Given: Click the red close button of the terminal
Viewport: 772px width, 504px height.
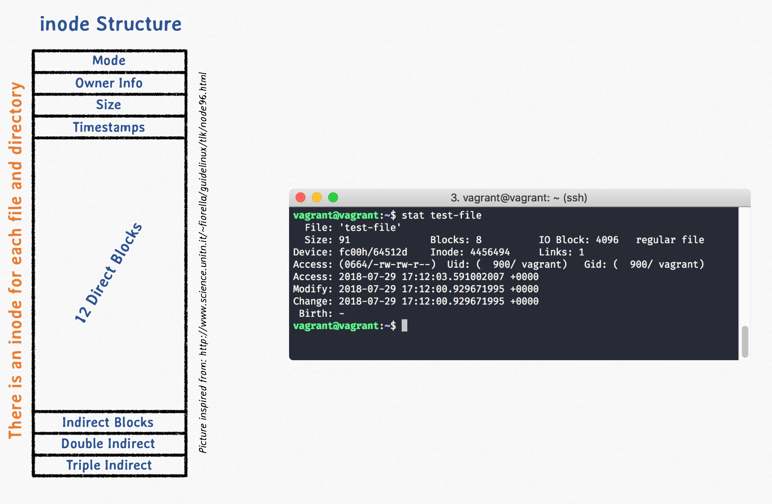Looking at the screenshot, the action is click(300, 198).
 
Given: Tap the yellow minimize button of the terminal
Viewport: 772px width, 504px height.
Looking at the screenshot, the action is click(317, 198).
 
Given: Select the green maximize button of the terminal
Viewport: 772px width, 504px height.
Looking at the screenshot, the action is click(333, 198).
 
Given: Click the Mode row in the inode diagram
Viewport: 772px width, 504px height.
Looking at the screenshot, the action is click(109, 61).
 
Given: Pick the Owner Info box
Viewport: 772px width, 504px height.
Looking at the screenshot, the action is click(109, 83).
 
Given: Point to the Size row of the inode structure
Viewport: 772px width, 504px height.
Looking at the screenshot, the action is click(109, 105).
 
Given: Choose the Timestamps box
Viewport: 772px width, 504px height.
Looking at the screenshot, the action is click(109, 127).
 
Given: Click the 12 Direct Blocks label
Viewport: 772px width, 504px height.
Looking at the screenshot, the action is click(108, 273).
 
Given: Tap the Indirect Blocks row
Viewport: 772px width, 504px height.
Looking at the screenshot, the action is click(109, 423).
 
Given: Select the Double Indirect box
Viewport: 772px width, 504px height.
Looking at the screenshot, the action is click(109, 444).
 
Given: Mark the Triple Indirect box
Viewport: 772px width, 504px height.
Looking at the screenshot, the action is click(109, 465).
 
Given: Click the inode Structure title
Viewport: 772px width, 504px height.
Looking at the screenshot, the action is click(111, 24).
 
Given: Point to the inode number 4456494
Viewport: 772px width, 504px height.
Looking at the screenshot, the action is click(490, 252).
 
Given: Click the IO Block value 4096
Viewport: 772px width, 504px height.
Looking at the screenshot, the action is click(607, 240).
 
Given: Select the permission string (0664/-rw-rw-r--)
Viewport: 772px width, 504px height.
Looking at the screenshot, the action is click(387, 265).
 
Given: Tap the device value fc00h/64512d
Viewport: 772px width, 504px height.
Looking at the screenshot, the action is click(373, 252).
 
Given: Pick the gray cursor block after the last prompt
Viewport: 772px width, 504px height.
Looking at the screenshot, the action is click(404, 325).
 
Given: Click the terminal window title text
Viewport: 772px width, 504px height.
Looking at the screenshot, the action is click(519, 198).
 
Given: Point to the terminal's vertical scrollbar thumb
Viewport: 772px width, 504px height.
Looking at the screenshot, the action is click(745, 342).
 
